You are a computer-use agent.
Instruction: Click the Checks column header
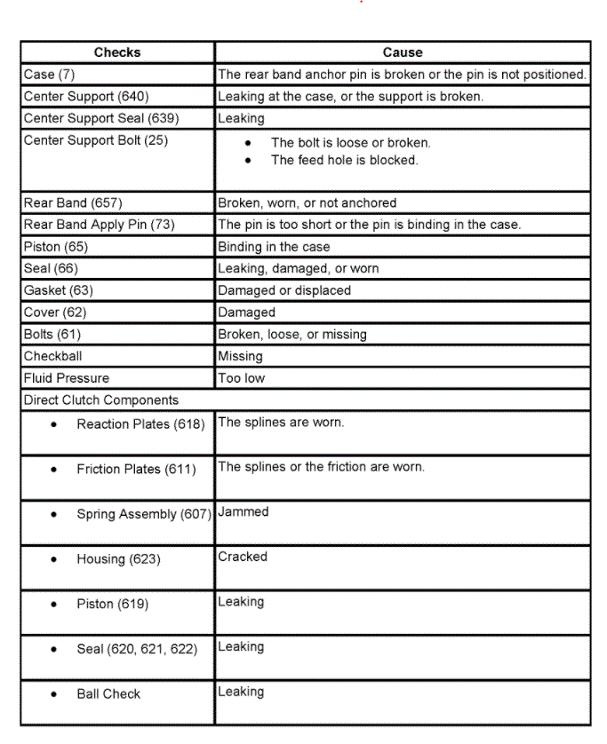click(x=117, y=52)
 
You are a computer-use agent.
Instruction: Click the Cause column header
click(x=402, y=52)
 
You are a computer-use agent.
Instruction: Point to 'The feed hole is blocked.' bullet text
click(x=344, y=161)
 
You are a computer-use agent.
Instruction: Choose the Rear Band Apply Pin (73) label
click(x=99, y=225)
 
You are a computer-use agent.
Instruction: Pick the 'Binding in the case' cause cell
click(x=274, y=247)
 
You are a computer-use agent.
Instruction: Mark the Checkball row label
click(x=52, y=356)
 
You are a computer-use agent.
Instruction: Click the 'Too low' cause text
click(x=241, y=378)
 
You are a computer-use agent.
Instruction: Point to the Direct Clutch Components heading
click(x=100, y=400)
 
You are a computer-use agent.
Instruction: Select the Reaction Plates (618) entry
click(x=140, y=424)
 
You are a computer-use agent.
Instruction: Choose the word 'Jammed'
click(x=243, y=512)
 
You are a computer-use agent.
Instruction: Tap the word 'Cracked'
click(x=242, y=557)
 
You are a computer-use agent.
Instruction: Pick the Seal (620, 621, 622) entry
click(x=136, y=649)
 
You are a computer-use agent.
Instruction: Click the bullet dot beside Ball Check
click(x=55, y=694)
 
